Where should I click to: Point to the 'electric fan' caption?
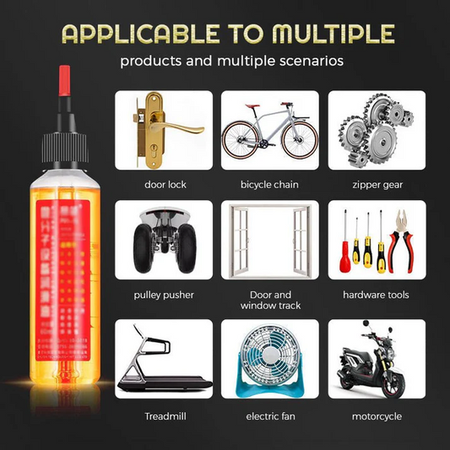(269, 416)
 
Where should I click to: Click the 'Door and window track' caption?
(270, 300)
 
